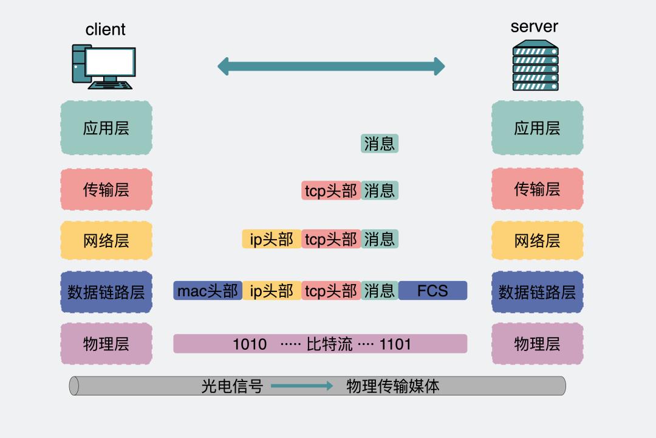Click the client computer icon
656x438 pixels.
(x=103, y=66)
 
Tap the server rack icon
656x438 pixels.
(x=535, y=66)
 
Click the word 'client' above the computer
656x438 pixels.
(x=105, y=29)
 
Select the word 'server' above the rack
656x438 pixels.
(x=534, y=26)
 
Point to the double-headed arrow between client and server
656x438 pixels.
(x=331, y=66)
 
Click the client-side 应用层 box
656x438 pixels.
(x=106, y=128)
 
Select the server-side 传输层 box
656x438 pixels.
(x=537, y=189)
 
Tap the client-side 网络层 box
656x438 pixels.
(x=106, y=240)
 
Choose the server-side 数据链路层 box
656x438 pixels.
(x=537, y=292)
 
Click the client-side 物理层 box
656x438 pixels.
(x=106, y=344)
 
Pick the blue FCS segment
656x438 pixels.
(x=432, y=291)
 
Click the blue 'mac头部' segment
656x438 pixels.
(x=208, y=291)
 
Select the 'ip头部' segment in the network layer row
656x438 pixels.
(x=272, y=239)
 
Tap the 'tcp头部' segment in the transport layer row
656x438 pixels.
(x=331, y=190)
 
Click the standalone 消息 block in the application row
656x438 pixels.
(x=380, y=144)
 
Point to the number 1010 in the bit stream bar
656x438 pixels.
(x=250, y=344)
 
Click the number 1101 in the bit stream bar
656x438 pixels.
(x=395, y=344)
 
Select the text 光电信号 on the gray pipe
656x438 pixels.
(x=232, y=386)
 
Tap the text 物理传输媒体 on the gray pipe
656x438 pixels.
(x=392, y=386)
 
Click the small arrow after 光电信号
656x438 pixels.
(x=302, y=386)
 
